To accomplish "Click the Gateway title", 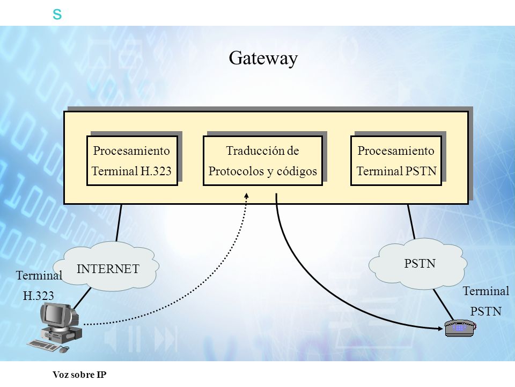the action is [x=263, y=59].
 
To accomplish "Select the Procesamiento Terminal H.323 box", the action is [x=132, y=161].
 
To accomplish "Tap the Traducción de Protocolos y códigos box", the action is [x=263, y=161].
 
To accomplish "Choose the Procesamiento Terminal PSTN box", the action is [x=396, y=161].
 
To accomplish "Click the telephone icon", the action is [x=460, y=328].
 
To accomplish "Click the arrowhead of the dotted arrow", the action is [x=247, y=196].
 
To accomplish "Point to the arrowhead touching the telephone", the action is [x=440, y=328].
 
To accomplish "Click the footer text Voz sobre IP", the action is [x=79, y=375].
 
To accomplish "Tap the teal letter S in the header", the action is [x=57, y=15].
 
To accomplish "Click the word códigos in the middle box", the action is [x=297, y=171].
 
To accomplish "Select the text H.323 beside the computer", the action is [x=39, y=296].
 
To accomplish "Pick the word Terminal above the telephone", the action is [x=486, y=291].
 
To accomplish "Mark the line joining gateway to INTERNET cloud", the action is [x=119, y=223].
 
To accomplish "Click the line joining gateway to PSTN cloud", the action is [x=411, y=221].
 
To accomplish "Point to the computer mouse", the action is [x=65, y=349].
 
